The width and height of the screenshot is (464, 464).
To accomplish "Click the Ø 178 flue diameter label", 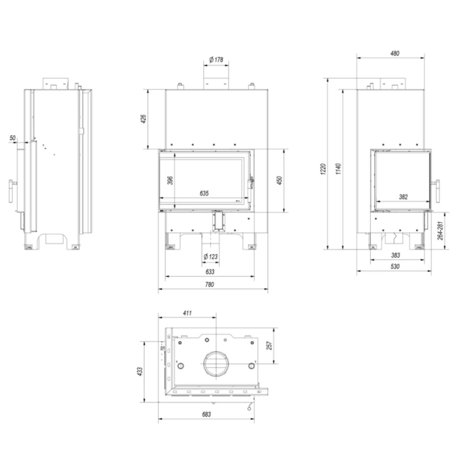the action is [x=216, y=59].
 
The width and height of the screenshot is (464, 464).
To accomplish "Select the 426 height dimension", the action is [x=143, y=119].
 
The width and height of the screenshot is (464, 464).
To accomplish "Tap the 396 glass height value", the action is [x=170, y=181].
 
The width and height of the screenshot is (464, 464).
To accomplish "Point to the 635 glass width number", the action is [x=204, y=193].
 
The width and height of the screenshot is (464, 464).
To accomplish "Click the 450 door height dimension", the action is [x=279, y=181].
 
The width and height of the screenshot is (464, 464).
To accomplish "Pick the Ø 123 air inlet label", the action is [x=211, y=256].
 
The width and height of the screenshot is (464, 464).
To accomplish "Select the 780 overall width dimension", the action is [x=210, y=284].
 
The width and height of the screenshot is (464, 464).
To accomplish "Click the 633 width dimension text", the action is [x=210, y=272].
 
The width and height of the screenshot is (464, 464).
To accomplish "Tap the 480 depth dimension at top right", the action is [x=395, y=53].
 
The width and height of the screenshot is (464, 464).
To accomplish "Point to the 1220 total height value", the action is [x=323, y=169].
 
